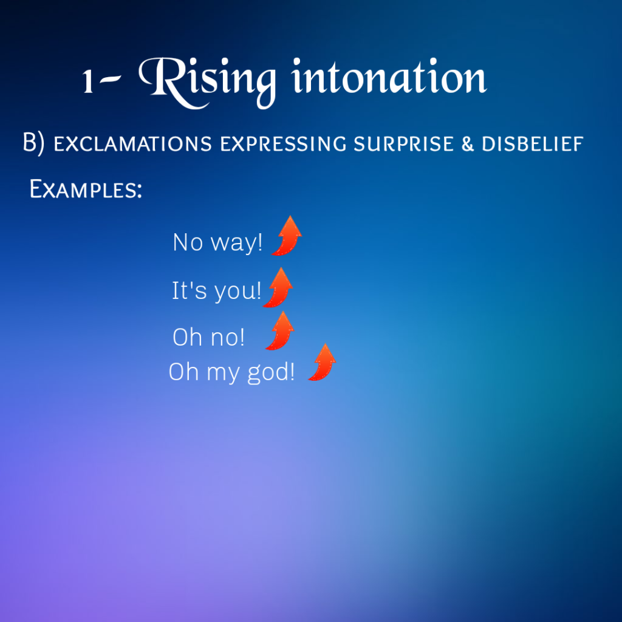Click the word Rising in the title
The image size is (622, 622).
(207, 82)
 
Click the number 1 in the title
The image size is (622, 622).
(88, 81)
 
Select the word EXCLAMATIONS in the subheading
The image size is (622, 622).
(133, 143)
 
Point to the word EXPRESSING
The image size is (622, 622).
(283, 143)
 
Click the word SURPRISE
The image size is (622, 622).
(403, 143)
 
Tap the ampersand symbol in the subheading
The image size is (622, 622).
(468, 143)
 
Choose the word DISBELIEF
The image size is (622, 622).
(532, 143)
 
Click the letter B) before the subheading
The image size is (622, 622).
(33, 143)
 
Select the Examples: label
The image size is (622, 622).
(86, 189)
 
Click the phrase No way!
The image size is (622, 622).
(217, 242)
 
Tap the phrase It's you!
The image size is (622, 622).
(217, 291)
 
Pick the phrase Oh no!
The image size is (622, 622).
(209, 337)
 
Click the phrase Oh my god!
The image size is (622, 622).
(231, 372)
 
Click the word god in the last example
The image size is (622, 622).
(268, 373)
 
